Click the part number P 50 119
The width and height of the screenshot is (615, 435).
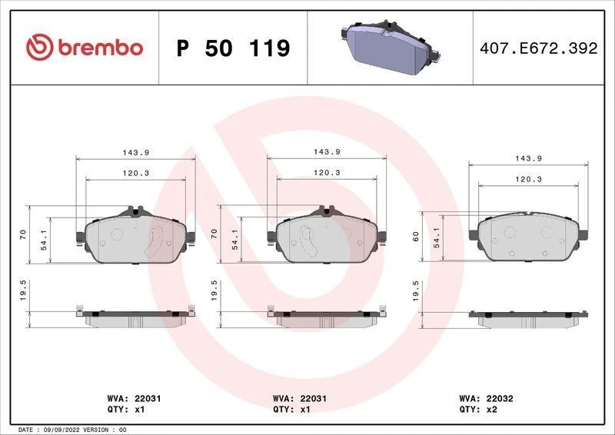pyautogui.click(x=233, y=48)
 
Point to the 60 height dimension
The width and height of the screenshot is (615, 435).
pyautogui.click(x=416, y=236)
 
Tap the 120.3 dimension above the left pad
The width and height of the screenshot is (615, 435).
pyautogui.click(x=135, y=173)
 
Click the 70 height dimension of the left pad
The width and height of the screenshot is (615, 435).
pyautogui.click(x=23, y=234)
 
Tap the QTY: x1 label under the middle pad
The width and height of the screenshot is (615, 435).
pyautogui.click(x=295, y=410)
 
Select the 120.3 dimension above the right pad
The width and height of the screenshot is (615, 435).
pyautogui.click(x=529, y=179)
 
